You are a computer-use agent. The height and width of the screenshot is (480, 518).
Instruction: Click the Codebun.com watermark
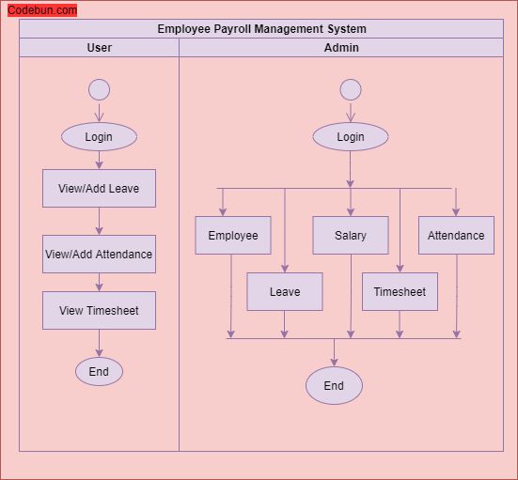(x=42, y=10)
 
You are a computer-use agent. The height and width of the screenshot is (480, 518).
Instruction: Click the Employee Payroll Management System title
(x=261, y=29)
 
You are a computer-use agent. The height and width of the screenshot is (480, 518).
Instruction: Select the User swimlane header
(x=99, y=48)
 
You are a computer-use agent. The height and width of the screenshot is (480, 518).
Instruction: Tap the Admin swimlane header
(x=341, y=48)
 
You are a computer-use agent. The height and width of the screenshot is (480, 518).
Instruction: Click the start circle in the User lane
(x=99, y=90)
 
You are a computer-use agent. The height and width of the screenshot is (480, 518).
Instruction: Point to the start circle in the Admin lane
(x=351, y=90)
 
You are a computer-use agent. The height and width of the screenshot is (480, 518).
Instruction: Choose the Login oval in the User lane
(x=99, y=137)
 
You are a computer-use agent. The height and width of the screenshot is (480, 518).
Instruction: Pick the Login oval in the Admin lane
(x=351, y=137)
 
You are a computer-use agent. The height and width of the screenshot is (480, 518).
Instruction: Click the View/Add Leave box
(x=99, y=188)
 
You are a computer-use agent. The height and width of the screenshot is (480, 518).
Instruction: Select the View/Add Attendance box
(x=99, y=254)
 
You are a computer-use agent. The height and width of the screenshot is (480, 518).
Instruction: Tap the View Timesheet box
(x=99, y=310)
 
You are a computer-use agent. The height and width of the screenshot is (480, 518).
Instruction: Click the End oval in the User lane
(x=99, y=372)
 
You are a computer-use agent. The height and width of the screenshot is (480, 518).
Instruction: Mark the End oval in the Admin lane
(x=334, y=385)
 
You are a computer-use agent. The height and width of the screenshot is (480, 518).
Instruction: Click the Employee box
(x=233, y=235)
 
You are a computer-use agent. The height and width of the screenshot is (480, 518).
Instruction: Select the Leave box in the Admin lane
(x=285, y=291)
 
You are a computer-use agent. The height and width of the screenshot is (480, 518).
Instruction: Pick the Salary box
(x=351, y=235)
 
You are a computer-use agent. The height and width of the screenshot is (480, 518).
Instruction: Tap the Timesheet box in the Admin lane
(x=400, y=291)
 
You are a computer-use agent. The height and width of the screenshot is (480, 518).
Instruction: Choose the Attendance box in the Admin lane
(x=456, y=235)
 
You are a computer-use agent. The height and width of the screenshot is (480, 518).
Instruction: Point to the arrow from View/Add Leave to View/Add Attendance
(x=99, y=222)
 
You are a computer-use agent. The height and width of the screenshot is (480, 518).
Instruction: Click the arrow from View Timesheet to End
(x=99, y=344)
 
